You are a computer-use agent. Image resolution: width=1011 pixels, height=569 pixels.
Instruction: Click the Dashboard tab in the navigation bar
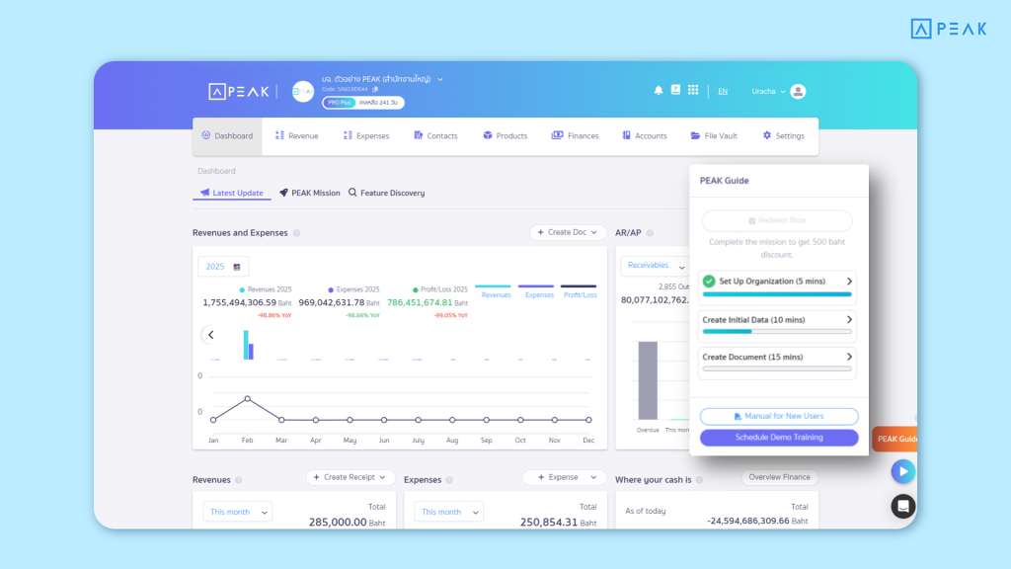coord(227,136)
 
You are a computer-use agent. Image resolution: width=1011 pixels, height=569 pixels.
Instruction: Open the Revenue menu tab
coord(296,136)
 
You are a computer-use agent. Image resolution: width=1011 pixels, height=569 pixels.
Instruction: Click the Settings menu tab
coord(783,136)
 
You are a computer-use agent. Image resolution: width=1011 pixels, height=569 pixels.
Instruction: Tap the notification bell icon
coord(659,91)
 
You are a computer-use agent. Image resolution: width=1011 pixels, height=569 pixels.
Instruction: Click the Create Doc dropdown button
coord(568,232)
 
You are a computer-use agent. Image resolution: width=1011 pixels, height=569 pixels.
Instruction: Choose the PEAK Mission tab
coord(309,194)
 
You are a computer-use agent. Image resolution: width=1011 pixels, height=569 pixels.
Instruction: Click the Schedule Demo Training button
coord(778,437)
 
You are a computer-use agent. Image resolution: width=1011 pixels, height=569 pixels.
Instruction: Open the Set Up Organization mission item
coord(776,283)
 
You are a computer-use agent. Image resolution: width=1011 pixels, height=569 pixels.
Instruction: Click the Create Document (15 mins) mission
coord(776,358)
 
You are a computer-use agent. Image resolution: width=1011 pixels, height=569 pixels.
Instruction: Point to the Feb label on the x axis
coord(247,440)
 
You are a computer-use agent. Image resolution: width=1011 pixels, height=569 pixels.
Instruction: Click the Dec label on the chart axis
coord(588,440)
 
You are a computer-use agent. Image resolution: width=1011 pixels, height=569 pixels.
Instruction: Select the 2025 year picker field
coord(223,267)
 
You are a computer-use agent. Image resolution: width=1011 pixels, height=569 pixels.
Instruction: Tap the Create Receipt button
coord(350,477)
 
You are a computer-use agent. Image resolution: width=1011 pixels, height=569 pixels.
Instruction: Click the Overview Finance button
coord(779,477)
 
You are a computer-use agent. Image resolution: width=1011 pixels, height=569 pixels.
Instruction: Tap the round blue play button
coord(902,471)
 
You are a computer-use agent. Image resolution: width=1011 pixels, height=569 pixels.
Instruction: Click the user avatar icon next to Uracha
coord(798,92)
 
